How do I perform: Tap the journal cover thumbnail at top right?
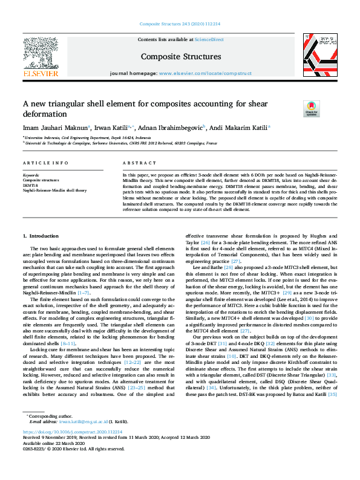pyautogui.click(x=319, y=54)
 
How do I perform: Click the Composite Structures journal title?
pyautogui.click(x=180, y=57)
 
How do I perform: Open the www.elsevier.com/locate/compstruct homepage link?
pyautogui.click(x=205, y=73)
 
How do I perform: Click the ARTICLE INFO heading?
pyautogui.click(x=41, y=163)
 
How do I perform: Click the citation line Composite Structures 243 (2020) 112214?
pyautogui.click(x=180, y=24)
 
